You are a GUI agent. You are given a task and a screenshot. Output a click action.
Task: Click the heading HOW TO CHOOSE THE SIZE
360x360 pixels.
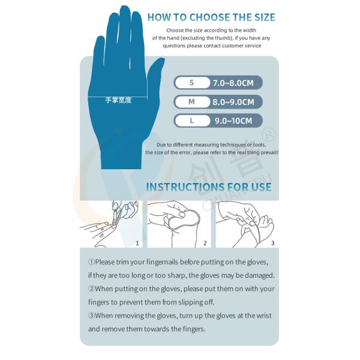[211, 17]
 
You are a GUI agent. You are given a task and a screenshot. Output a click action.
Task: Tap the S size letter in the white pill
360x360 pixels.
[191, 83]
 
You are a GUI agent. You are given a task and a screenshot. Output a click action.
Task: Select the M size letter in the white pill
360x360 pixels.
[191, 102]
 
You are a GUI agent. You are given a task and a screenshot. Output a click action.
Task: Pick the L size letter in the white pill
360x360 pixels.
[191, 121]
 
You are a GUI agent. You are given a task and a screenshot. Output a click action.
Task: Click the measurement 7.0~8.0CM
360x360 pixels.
[233, 83]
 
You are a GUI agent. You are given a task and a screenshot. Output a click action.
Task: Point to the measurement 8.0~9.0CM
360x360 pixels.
[233, 102]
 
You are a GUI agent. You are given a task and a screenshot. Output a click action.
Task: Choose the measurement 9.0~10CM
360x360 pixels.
[233, 121]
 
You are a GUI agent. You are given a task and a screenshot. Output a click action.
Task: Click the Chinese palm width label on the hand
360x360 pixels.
[118, 100]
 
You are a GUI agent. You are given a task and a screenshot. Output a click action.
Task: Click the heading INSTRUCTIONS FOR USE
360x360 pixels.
[208, 187]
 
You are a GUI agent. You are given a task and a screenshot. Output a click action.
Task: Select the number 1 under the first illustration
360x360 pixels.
[137, 243]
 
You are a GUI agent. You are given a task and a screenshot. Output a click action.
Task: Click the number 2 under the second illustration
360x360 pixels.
[205, 243]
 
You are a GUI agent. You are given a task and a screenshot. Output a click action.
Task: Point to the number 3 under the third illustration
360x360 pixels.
[272, 243]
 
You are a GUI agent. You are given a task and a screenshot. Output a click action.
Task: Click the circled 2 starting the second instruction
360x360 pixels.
[92, 289]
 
